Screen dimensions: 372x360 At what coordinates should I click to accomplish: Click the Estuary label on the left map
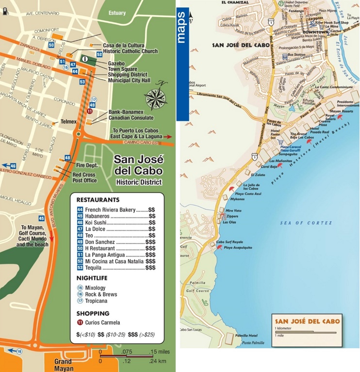tap(117, 13)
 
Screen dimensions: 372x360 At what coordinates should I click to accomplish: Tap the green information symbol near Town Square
tap(85, 59)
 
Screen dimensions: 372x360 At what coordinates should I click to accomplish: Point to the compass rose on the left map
tap(156, 97)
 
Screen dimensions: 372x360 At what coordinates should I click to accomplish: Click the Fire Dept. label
tap(86, 165)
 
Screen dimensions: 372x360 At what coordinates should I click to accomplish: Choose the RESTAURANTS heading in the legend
tap(98, 200)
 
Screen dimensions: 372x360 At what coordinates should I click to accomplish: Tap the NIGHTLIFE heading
tap(92, 278)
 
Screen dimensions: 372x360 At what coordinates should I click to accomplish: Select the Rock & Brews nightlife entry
tap(101, 294)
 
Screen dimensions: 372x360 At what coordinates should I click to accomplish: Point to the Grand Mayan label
tap(63, 365)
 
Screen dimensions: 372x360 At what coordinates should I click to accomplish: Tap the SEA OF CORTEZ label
tap(306, 223)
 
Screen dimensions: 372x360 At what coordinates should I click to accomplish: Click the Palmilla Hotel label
tap(246, 336)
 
